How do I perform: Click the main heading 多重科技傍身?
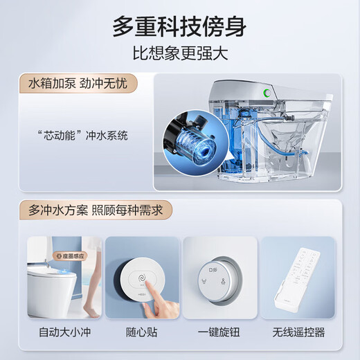click(180, 26)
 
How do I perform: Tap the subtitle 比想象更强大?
click(180, 54)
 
